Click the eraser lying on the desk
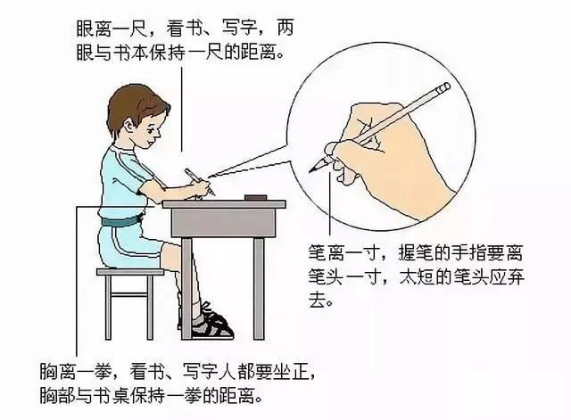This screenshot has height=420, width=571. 256,197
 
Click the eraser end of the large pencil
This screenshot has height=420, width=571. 444,87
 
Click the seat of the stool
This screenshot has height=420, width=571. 130,272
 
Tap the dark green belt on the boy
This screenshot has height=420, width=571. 122,221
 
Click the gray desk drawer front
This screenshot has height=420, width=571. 223,223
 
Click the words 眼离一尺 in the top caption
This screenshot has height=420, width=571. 112,29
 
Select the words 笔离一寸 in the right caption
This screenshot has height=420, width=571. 344,252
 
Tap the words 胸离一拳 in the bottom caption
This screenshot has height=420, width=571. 76,371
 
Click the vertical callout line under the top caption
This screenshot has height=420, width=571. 181,110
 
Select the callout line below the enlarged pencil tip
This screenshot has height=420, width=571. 330,204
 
